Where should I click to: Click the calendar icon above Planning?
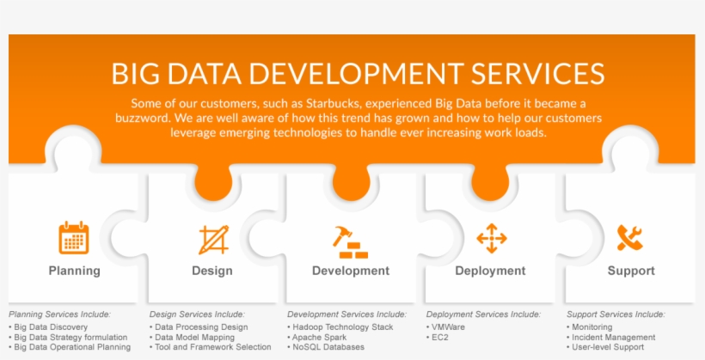[x=74, y=238]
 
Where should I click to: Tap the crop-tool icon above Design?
[x=213, y=239]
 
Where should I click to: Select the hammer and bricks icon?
[x=350, y=241]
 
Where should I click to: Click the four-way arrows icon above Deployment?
[x=491, y=238]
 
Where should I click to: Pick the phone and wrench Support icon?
[x=630, y=238]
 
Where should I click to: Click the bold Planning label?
[x=74, y=271]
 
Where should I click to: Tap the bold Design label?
[x=212, y=271]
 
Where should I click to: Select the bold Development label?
[x=351, y=271]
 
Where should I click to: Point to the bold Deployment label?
[x=490, y=271]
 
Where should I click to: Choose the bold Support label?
[x=631, y=271]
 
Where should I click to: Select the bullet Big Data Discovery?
[x=51, y=327]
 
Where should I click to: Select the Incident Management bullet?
[x=613, y=338]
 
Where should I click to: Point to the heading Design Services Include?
[x=197, y=314]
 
